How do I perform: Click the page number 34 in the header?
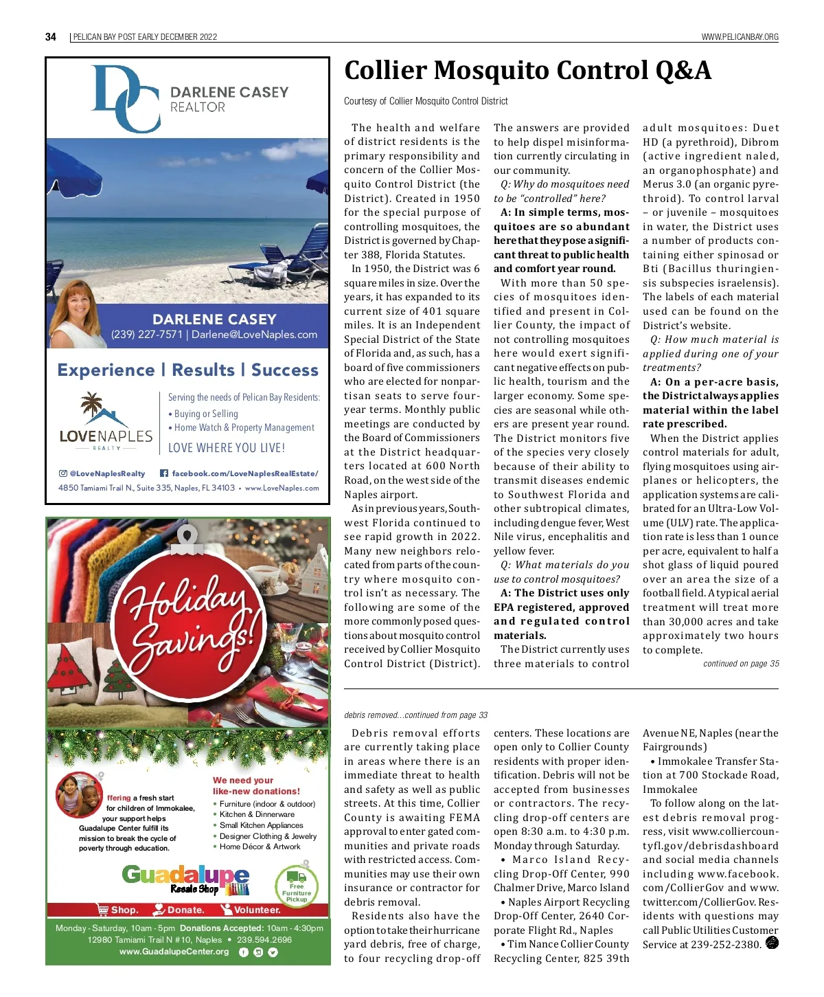pyautogui.click(x=51, y=37)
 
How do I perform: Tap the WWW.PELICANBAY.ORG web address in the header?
pyautogui.click(x=740, y=37)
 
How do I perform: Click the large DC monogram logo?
pyautogui.click(x=126, y=98)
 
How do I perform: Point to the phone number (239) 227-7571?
pyautogui.click(x=147, y=335)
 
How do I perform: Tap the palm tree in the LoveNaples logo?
pyautogui.click(x=91, y=406)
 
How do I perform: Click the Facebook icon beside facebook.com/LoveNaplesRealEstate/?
pyautogui.click(x=164, y=473)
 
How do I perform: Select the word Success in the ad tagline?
pyautogui.click(x=284, y=370)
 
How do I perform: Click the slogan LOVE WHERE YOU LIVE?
pyautogui.click(x=227, y=448)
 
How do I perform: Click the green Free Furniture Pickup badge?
pyautogui.click(x=296, y=886)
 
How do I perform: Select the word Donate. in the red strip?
pyautogui.click(x=185, y=910)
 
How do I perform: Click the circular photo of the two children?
pyautogui.click(x=79, y=795)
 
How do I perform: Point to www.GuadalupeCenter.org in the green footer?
pyautogui.click(x=174, y=952)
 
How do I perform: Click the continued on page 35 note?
pyautogui.click(x=741, y=664)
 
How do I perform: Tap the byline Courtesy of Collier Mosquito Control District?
pyautogui.click(x=426, y=101)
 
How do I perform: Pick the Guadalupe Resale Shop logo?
pyautogui.click(x=185, y=880)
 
